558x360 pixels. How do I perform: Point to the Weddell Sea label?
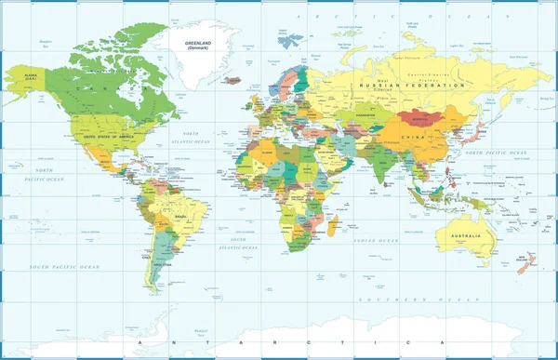point(201,330)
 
